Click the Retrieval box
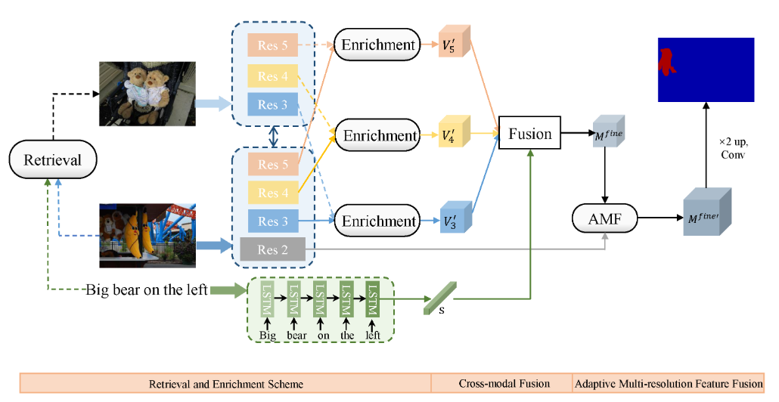tap(52, 160)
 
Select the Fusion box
tap(529, 134)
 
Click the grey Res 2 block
tap(272, 249)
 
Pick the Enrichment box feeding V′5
tap(377, 45)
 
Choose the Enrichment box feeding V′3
tap(378, 221)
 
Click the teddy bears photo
tap(147, 94)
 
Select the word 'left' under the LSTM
tap(372, 334)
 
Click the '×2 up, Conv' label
tap(732, 147)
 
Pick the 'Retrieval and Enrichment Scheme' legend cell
tap(225, 384)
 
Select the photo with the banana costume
tap(147, 234)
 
